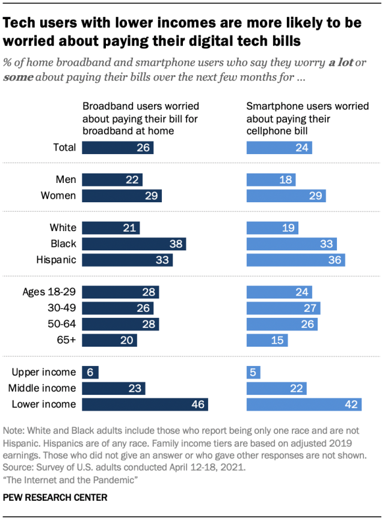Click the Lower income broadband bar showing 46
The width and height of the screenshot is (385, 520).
[145, 404]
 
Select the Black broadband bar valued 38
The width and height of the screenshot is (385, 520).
[134, 244]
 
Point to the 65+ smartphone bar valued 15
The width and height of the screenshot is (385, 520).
[267, 340]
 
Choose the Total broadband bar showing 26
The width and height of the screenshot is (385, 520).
[117, 147]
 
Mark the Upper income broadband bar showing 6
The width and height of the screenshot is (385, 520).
[90, 372]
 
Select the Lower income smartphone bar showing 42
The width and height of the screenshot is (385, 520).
[304, 404]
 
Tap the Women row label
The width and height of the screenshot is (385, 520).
[58, 196]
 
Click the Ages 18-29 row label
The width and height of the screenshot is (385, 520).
[49, 292]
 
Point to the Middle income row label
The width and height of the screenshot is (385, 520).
[44, 388]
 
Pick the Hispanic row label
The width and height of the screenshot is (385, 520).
[56, 260]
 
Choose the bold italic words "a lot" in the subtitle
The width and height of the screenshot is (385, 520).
[340, 63]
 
